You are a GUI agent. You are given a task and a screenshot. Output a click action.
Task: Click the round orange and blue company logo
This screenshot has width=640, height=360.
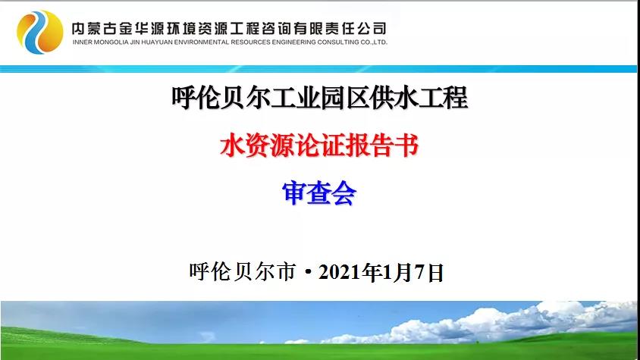(40, 32)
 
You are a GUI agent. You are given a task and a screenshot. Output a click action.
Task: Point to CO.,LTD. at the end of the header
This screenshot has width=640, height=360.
(374, 42)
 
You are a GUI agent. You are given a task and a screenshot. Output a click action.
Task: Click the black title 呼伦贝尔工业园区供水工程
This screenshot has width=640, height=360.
(319, 98)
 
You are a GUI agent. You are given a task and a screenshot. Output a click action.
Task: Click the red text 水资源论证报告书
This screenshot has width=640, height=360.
(319, 146)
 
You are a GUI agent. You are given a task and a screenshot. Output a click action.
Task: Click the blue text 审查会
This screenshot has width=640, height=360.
(319, 193)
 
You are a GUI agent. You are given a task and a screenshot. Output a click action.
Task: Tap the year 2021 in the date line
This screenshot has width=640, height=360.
(341, 272)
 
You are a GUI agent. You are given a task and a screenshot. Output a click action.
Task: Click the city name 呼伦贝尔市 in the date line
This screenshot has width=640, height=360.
(243, 272)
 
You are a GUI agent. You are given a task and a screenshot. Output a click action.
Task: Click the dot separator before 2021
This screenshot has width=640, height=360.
(308, 272)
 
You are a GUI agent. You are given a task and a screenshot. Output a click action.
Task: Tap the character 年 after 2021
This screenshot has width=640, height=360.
(374, 272)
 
